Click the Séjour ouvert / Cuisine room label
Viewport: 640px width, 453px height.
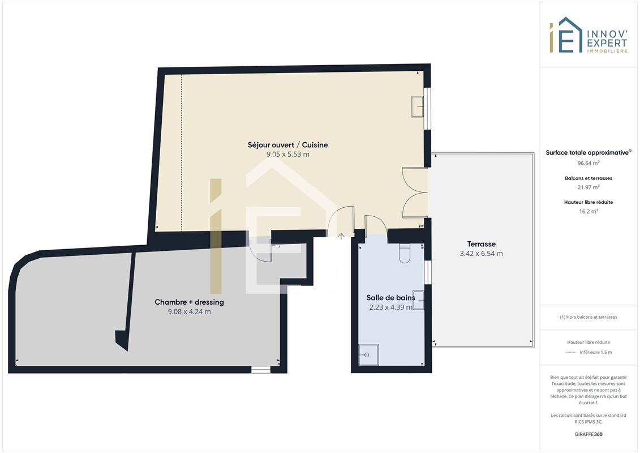pos(288,145)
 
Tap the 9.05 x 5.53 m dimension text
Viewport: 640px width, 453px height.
pos(288,155)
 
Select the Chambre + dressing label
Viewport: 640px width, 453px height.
pos(189,302)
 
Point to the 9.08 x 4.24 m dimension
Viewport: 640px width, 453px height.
pos(190,311)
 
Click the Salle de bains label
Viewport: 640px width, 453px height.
pos(390,298)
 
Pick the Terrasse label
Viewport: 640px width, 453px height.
pos(481,244)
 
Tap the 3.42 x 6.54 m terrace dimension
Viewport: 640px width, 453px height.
pos(481,254)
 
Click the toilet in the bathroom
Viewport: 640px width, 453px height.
pos(405,253)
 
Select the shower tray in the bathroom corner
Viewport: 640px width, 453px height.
pos(368,354)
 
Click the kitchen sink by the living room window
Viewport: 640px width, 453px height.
pos(417,106)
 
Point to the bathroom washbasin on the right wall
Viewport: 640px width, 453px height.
pos(418,300)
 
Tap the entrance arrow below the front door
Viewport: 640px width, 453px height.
pos(341,236)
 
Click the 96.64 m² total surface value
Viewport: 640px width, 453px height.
pos(588,163)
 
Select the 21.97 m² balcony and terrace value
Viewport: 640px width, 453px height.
pos(588,187)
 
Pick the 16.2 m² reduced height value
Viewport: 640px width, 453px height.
pos(588,212)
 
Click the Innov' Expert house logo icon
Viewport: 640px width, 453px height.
pos(566,35)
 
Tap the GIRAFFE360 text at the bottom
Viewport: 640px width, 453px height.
pos(588,434)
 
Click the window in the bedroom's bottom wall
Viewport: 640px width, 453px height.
pos(261,370)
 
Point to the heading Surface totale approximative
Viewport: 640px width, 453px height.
pos(588,153)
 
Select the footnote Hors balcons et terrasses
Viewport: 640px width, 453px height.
pos(588,317)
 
